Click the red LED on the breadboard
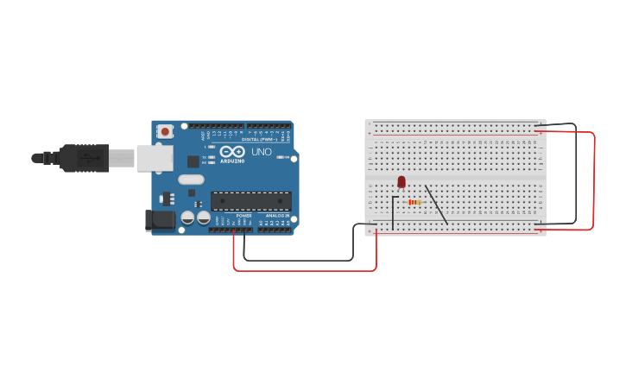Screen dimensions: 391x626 click(402, 181)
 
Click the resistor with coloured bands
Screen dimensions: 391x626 click(414, 203)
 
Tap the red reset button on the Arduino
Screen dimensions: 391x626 click(165, 131)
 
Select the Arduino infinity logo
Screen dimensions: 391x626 click(232, 151)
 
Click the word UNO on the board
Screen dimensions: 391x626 click(262, 152)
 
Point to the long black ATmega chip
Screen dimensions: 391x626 click(250, 201)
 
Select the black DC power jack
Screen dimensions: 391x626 click(159, 220)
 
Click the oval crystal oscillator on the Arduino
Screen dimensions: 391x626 click(192, 180)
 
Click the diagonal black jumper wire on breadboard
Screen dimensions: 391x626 click(436, 205)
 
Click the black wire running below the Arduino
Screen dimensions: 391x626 click(298, 260)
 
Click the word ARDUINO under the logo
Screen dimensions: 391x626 click(232, 161)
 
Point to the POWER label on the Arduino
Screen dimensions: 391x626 click(243, 216)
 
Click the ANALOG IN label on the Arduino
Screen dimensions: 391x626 click(276, 216)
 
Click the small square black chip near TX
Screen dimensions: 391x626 click(193, 161)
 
